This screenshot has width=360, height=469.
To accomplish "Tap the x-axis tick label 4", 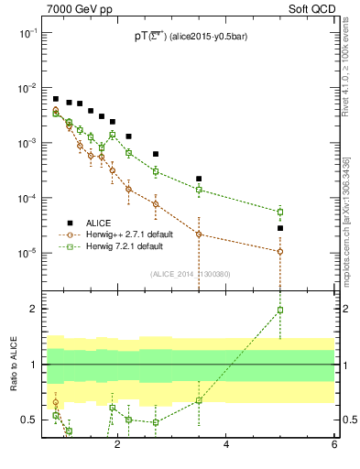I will pyautogui.click(x=226, y=445).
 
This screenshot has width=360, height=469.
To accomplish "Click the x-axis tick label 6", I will pyautogui.click(x=334, y=445).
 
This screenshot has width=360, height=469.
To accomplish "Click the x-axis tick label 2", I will pyautogui.click(x=117, y=445).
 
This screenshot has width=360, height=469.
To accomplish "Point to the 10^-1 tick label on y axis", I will pyautogui.click(x=27, y=32).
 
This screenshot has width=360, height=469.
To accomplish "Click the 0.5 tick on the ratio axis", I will pyautogui.click(x=29, y=420).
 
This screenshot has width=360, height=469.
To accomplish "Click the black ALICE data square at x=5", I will pyautogui.click(x=280, y=228).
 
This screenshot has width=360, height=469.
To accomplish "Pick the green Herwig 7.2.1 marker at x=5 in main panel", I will pyautogui.click(x=280, y=212).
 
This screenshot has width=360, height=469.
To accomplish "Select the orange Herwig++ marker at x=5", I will pyautogui.click(x=280, y=251).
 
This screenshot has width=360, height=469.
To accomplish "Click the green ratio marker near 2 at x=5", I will pyautogui.click(x=280, y=310).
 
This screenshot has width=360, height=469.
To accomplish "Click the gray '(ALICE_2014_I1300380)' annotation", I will pyautogui.click(x=189, y=273).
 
